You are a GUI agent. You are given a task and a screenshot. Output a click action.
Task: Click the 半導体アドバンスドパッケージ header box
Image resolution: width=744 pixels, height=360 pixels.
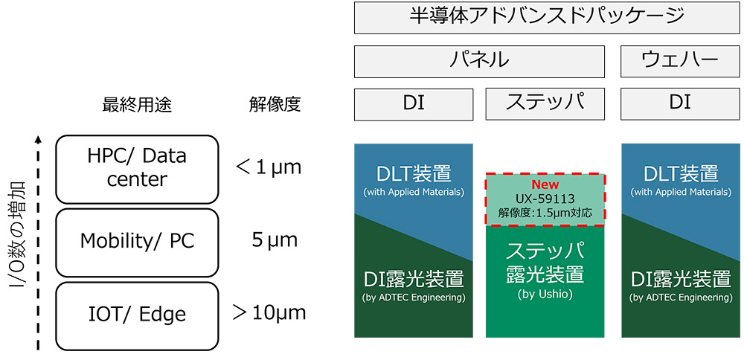point(546,18)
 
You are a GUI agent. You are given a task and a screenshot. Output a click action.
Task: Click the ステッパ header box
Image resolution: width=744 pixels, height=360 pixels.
point(545,104)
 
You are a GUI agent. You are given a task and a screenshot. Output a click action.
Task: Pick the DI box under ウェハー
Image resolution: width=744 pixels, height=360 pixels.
point(679,104)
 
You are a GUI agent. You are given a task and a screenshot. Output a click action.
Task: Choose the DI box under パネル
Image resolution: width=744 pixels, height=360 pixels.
point(413,104)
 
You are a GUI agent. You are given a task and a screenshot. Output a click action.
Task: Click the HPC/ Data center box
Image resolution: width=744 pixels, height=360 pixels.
point(136,169)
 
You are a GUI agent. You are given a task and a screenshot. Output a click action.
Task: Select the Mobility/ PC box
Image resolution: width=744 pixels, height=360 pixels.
point(136,241)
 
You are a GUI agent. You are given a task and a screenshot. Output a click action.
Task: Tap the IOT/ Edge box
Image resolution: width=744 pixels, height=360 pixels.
point(136,313)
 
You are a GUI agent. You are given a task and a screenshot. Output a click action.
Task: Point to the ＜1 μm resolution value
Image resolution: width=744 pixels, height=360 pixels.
point(269,167)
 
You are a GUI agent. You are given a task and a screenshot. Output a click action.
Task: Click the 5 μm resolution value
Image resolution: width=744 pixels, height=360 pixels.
point(274,240)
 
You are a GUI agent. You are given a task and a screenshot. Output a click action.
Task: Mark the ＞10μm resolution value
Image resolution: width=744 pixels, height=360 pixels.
point(269,312)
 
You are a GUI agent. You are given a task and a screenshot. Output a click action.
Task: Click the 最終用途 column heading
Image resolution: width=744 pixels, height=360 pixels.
point(136,105)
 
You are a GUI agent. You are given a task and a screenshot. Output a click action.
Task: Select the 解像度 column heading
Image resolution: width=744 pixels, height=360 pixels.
point(275,105)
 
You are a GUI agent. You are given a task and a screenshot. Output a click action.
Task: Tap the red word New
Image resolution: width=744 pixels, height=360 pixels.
point(545,184)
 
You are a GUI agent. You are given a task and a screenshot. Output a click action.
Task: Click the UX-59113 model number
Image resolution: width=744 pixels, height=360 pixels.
point(545,199)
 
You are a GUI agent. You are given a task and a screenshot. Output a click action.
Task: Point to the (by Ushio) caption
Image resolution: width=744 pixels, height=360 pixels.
point(545,294)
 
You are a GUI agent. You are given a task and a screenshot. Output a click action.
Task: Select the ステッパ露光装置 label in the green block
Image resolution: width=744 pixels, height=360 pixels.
point(545,262)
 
